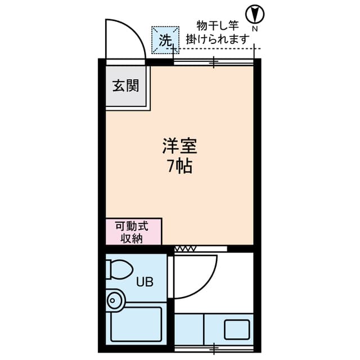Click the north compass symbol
tap(255, 13)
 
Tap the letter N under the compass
tap(255, 28)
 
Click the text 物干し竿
tap(218, 26)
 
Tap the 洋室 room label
tap(180, 147)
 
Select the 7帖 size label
tap(180, 166)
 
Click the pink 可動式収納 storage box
tap(133, 232)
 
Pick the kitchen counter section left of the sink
tap(189, 328)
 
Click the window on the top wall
tap(214, 62)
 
